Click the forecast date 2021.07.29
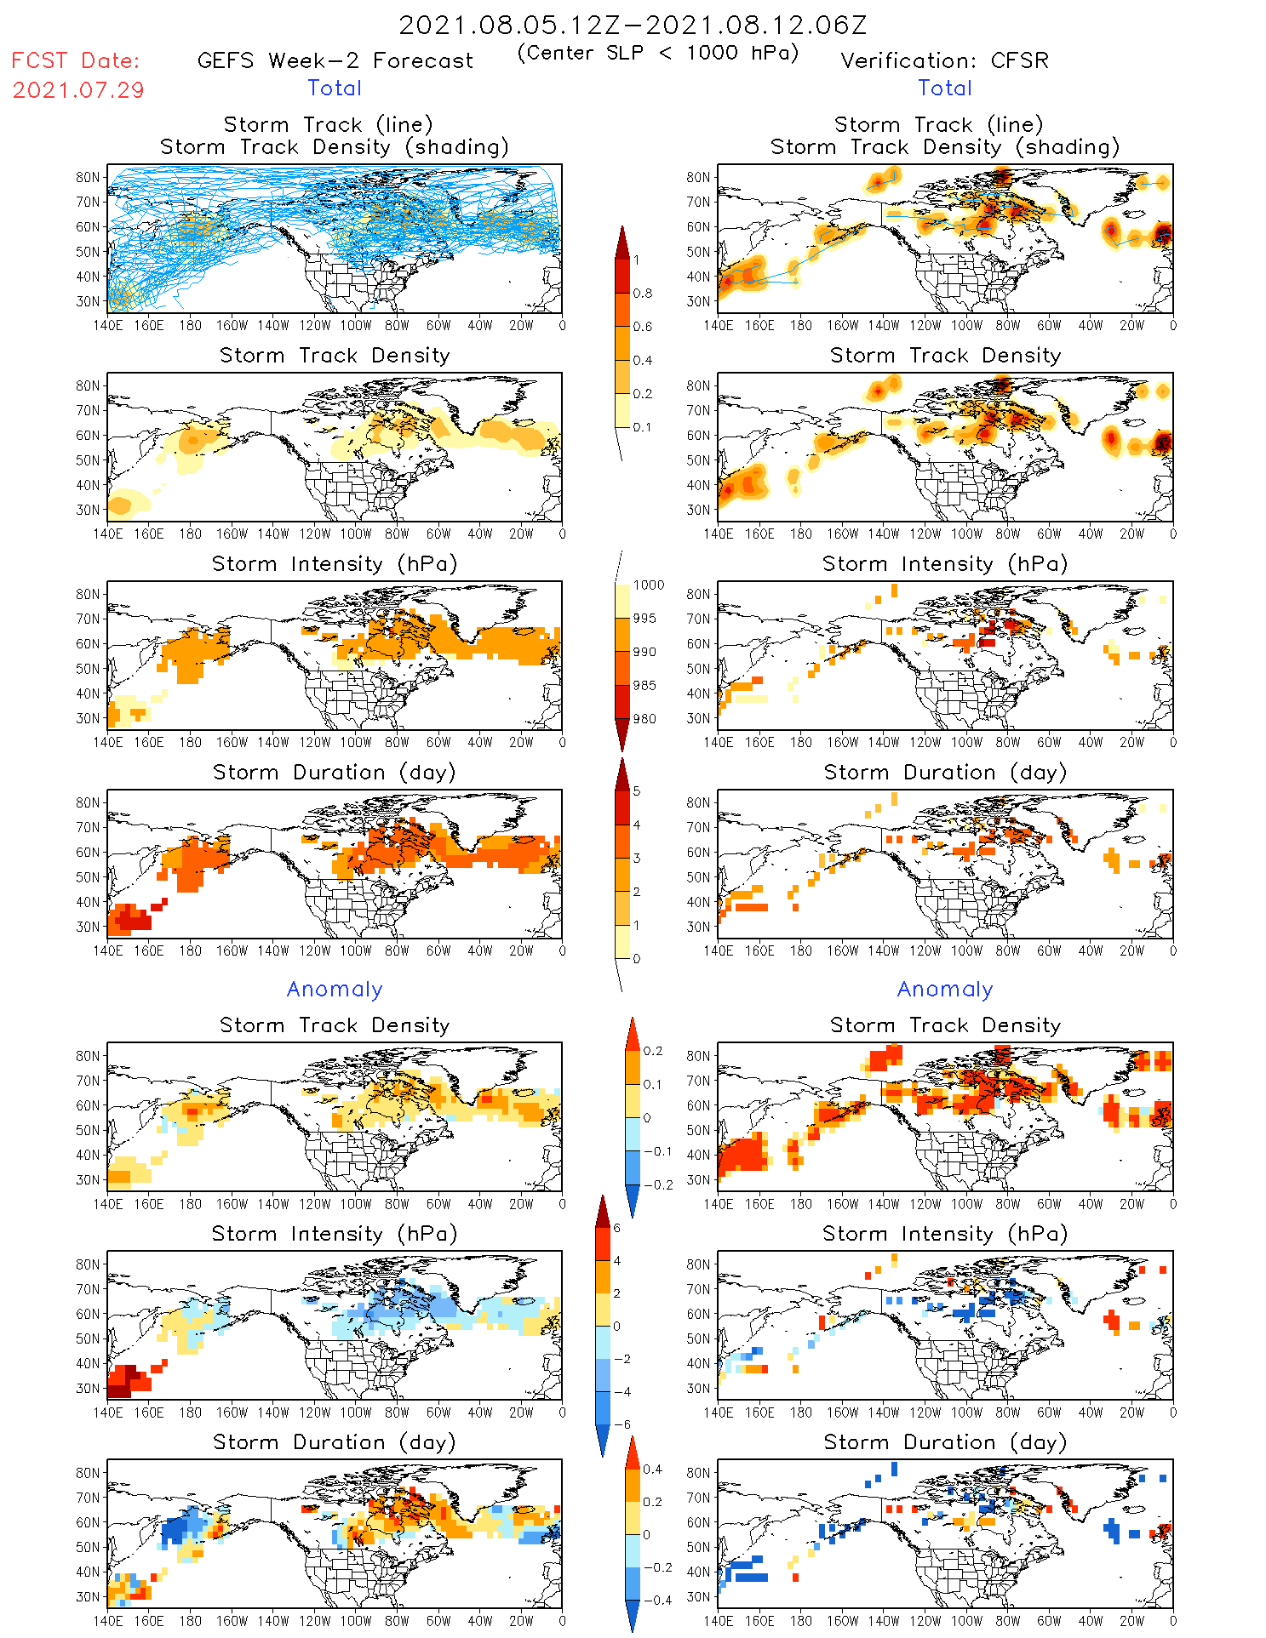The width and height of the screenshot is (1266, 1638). pos(78,90)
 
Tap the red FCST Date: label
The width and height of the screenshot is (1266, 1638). pos(75,60)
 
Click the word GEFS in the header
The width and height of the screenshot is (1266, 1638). pos(226,60)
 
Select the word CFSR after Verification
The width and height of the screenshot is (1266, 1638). pos(1019,60)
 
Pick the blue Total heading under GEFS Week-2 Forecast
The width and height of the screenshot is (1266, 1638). pos(335,88)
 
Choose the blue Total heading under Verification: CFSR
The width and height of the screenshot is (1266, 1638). pos(945,88)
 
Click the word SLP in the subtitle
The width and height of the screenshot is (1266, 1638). pos(625,53)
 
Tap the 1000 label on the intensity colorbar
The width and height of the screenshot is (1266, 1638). pos(648,585)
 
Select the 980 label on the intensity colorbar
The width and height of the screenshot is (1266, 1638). pos(644,719)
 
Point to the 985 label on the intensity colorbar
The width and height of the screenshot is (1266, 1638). pos(644,685)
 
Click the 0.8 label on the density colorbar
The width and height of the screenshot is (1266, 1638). pos(642,293)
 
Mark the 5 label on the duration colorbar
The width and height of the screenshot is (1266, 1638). pos(637,790)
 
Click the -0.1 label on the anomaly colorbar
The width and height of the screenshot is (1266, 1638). pos(656,1151)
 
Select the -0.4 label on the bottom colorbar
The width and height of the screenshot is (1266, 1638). pos(656,1600)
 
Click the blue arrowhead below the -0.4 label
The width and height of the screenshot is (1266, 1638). pos(633,1616)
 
